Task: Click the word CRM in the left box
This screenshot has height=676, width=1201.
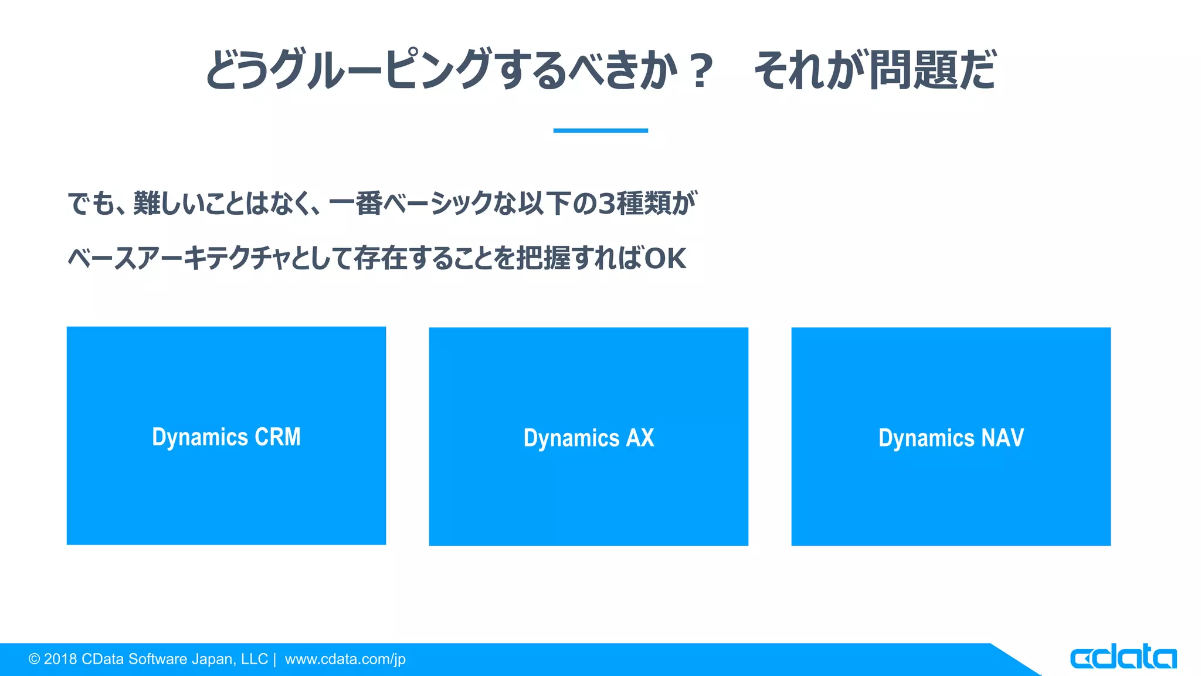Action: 277,437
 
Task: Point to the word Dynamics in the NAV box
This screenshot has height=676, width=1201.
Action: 926,439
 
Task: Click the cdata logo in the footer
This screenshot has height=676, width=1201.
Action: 1123,657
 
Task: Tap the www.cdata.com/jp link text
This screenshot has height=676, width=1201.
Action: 345,659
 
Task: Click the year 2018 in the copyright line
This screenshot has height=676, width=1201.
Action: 60,659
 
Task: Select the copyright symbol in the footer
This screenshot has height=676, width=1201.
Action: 34,660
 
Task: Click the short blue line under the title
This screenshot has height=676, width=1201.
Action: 600,130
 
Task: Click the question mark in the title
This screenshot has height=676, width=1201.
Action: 701,71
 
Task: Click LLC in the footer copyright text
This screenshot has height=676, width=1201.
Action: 254,659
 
